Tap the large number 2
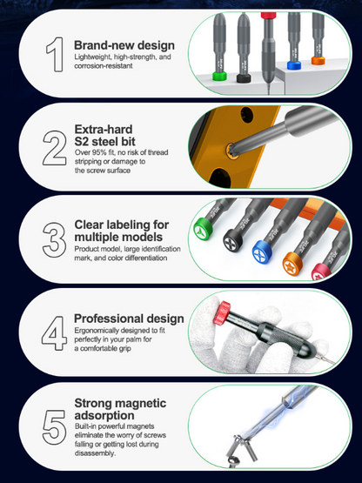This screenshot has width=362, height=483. click(54, 144)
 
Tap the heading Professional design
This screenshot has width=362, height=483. click(129, 319)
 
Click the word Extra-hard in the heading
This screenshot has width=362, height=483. click(102, 130)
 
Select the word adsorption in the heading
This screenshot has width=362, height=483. click(107, 417)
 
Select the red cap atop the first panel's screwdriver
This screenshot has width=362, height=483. click(269, 15)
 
